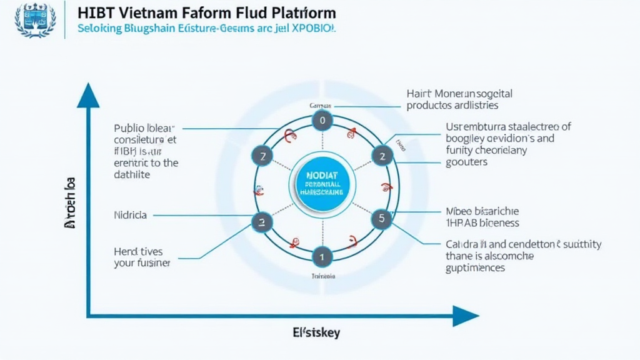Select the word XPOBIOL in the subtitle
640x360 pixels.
pos(312,29)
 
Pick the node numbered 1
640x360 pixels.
pos(322,256)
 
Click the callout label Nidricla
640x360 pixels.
pos(131,215)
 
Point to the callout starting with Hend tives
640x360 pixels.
pos(142,256)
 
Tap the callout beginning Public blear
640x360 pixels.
pos(146,152)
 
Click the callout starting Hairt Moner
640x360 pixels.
pos(459,99)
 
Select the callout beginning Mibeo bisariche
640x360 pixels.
pos(482,217)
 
